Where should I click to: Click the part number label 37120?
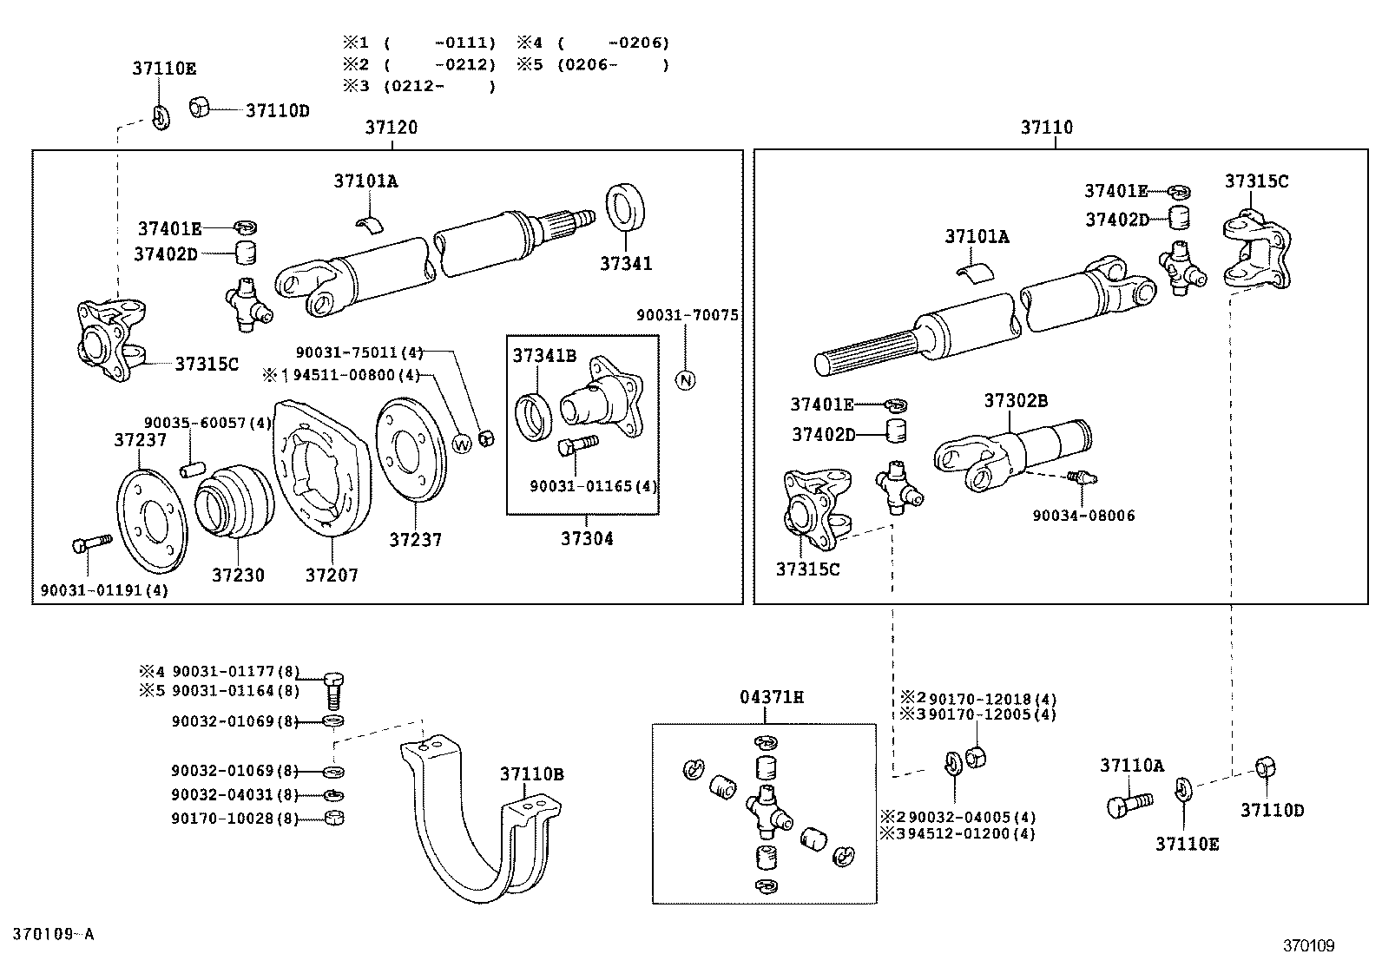pyautogui.click(x=391, y=128)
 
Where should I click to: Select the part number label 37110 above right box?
pyautogui.click(x=1046, y=128)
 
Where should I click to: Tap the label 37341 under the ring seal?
pyautogui.click(x=626, y=263)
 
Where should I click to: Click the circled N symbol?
pyautogui.click(x=686, y=379)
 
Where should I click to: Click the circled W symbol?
pyautogui.click(x=463, y=443)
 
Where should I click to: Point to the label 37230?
pyautogui.click(x=238, y=575)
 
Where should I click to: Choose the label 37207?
pyautogui.click(x=332, y=575)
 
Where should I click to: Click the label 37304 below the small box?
pyautogui.click(x=587, y=538)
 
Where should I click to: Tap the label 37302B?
pyautogui.click(x=1016, y=400)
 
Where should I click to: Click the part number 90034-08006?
pyautogui.click(x=1083, y=516)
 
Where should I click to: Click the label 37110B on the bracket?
pyautogui.click(x=531, y=773)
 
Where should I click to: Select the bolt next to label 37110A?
pyautogui.click(x=1128, y=804)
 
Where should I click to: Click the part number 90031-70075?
pyautogui.click(x=688, y=316)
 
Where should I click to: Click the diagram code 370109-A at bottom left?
pyautogui.click(x=53, y=934)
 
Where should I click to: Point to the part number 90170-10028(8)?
pyautogui.click(x=234, y=818)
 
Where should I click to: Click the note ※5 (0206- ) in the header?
pyautogui.click(x=594, y=64)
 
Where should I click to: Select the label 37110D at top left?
pyautogui.click(x=278, y=111)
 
